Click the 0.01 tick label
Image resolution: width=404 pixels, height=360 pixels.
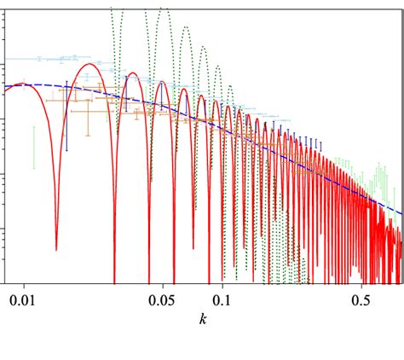(x=24, y=301)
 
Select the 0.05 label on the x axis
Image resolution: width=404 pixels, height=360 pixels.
(x=160, y=301)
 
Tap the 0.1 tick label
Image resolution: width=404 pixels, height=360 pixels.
(x=222, y=301)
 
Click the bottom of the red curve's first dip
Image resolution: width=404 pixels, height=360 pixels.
(x=56, y=249)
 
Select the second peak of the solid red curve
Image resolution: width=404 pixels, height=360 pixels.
(x=133, y=76)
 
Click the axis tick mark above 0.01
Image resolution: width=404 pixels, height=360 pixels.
(x=24, y=281)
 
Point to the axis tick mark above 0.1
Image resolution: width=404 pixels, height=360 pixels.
(x=222, y=281)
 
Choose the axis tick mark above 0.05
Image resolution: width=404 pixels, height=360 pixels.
(x=160, y=281)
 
